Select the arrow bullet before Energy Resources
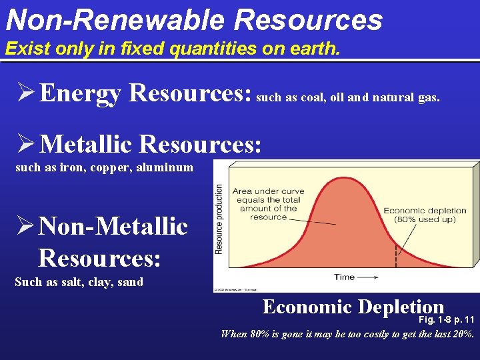click(27, 93)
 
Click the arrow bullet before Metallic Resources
click(27, 143)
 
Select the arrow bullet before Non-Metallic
click(27, 226)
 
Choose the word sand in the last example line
click(129, 282)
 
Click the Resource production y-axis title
click(219, 219)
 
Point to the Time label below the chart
click(344, 276)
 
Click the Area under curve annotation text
click(268, 204)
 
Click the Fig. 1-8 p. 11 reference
click(446, 319)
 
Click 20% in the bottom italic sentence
click(460, 334)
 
